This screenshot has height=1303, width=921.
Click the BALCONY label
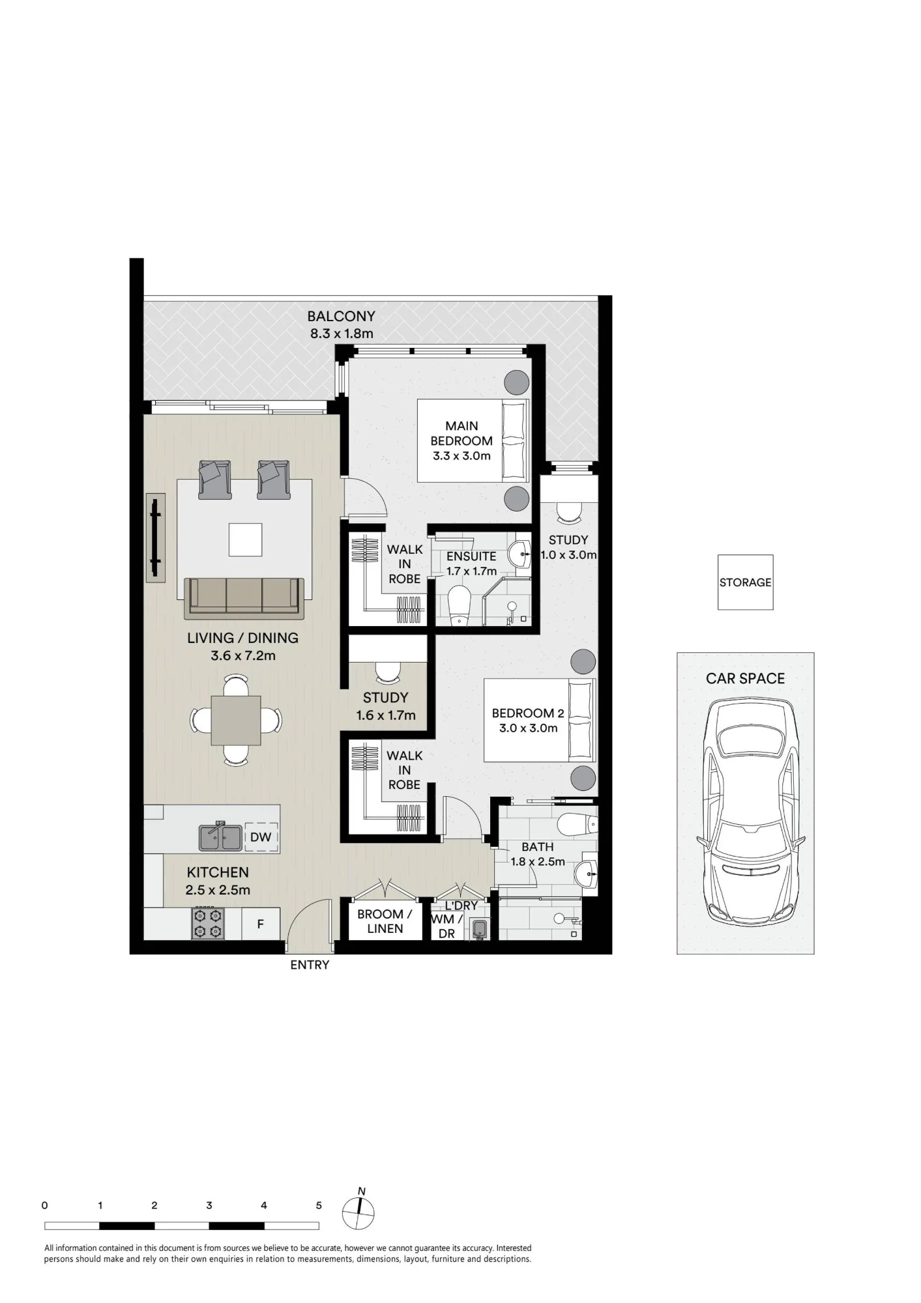(341, 316)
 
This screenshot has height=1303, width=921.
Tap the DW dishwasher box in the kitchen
(261, 837)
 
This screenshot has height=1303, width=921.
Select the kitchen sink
(220, 837)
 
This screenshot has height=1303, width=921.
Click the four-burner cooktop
(208, 923)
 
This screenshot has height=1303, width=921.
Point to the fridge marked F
(261, 924)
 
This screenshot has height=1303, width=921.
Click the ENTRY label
(310, 965)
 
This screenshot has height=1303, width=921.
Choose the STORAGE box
(745, 582)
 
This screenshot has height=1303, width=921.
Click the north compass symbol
(359, 1213)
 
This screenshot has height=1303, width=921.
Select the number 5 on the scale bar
(319, 1205)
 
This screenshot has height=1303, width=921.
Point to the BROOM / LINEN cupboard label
(385, 921)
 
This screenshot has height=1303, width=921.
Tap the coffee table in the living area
(246, 539)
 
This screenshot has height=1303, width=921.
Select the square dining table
(236, 721)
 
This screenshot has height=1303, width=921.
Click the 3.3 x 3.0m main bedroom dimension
(461, 456)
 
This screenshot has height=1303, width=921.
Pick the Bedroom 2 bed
(540, 720)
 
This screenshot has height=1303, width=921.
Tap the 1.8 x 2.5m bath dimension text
(538, 862)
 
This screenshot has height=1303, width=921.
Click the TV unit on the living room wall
(155, 537)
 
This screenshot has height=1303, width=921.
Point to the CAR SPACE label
(745, 678)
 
